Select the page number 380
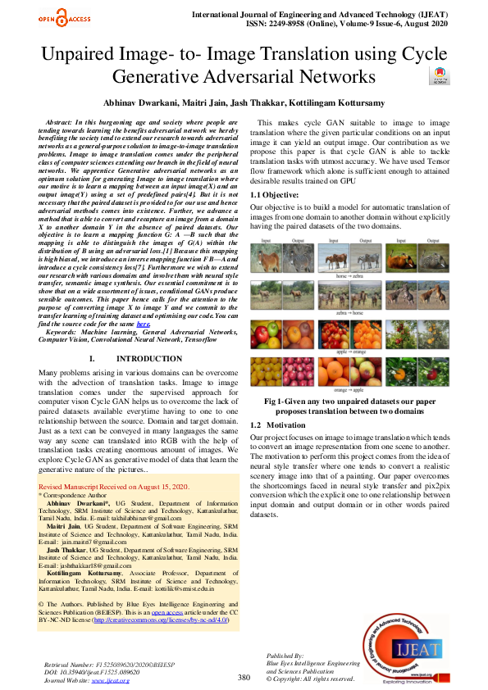[244, 678]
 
